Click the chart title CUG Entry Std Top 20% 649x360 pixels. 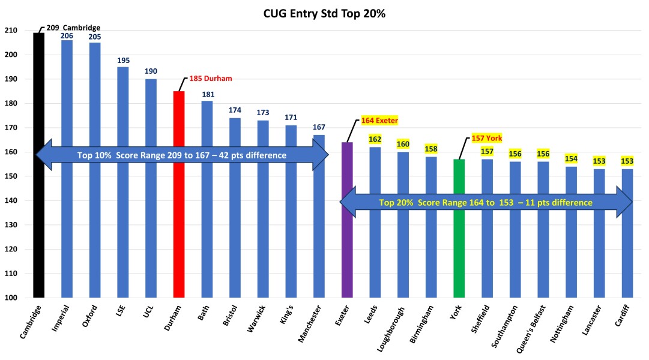tap(324, 14)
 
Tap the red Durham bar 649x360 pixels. tap(179, 198)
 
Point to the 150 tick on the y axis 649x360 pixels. tap(20, 176)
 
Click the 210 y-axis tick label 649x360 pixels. tap(20, 31)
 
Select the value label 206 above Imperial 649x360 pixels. tap(67, 35)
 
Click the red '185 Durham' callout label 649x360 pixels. tap(210, 79)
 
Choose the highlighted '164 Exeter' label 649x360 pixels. tap(379, 121)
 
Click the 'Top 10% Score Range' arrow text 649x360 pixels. tap(181, 155)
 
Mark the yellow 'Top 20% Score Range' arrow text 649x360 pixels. tap(485, 203)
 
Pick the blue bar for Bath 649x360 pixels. tap(207, 204)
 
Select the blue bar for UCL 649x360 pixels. tap(151, 192)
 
